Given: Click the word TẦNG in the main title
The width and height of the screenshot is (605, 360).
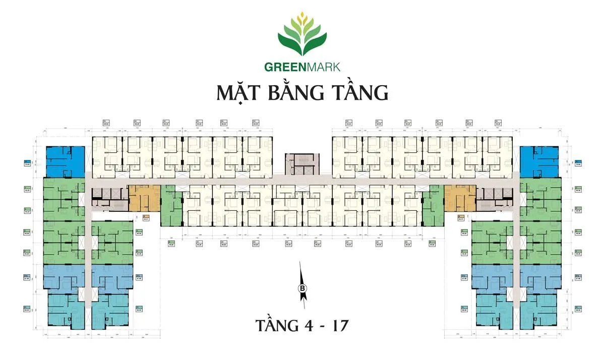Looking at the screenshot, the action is pos(362,94).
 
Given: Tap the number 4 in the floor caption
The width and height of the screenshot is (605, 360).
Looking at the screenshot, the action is pos(308,324).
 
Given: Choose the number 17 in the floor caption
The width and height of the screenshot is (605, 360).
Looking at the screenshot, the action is pos(339,324).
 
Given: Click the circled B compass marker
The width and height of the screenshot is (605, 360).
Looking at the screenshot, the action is pos(302,288).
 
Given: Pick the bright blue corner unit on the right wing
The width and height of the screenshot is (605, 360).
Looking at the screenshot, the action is pos(540,161).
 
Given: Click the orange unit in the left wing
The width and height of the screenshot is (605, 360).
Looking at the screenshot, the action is pos(144,197).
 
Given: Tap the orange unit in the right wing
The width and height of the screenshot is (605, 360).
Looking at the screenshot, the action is pos(460,197).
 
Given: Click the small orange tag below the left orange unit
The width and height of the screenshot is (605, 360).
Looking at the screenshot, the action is pos(146,219).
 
